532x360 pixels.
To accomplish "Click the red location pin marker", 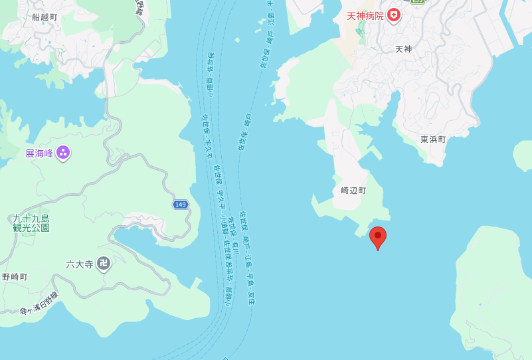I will pyautogui.click(x=378, y=236).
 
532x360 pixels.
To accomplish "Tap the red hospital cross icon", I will pyautogui.click(x=394, y=15).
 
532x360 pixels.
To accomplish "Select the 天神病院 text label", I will pyautogui.click(x=365, y=15).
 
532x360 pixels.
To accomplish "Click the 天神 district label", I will pyautogui.click(x=404, y=49).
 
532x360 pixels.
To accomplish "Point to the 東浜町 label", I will pyautogui.click(x=433, y=139).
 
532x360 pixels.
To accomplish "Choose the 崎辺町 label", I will pyautogui.click(x=353, y=190).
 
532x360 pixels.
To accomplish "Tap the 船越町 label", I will pyautogui.click(x=44, y=17).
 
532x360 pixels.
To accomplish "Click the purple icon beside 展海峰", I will pyautogui.click(x=63, y=153).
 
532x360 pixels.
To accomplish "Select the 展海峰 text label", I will pyautogui.click(x=39, y=153).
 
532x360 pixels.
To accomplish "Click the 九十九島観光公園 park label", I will pyautogui.click(x=31, y=223).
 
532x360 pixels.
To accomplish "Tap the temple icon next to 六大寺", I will pyautogui.click(x=102, y=264).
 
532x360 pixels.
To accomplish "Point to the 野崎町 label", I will pyautogui.click(x=14, y=276).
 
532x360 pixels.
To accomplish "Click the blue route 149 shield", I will pyautogui.click(x=181, y=205).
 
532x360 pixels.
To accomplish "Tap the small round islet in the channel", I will pyautogui.click(x=237, y=40).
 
